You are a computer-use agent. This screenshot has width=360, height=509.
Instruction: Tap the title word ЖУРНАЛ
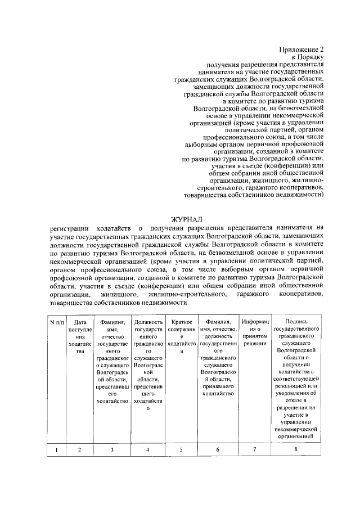point(186,218)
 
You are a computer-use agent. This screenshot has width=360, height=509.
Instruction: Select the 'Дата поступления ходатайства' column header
point(80,336)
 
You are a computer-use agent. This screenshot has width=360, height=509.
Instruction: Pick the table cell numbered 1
point(56,449)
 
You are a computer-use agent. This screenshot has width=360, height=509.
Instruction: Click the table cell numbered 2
point(80,449)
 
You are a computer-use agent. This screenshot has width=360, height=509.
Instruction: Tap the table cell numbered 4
point(148,449)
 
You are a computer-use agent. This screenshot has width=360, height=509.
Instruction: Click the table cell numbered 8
point(296,449)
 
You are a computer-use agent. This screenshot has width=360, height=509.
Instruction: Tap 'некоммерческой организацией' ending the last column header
point(296,433)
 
